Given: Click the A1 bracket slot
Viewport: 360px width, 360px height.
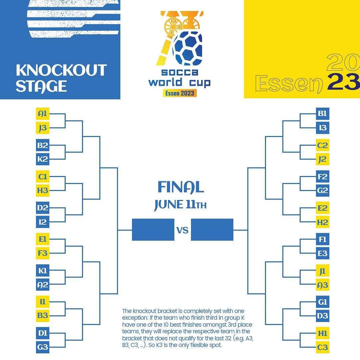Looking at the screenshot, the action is coord(43,114).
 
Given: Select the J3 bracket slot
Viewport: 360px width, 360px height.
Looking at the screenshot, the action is coord(43,128).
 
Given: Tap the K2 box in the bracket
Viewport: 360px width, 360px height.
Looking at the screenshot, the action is coord(43,159).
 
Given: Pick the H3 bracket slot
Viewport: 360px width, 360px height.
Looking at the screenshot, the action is coord(43,190).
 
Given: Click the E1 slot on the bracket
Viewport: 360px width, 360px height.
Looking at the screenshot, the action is coord(43,239).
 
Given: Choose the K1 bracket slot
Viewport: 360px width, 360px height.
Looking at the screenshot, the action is coord(43,271).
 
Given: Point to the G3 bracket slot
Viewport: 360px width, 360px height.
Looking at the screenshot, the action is coord(43,347).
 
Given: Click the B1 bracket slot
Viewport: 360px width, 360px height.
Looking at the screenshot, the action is coord(323,114).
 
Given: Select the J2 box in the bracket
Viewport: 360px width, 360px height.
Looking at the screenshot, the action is coord(323,159).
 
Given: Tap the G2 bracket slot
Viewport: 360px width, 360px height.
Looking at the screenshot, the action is coord(323,190).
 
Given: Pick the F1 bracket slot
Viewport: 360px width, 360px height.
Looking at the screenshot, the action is coord(323,239).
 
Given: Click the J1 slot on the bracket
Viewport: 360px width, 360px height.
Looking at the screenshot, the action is coord(323,271).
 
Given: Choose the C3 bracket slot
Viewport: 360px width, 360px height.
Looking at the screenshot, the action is coord(323,347).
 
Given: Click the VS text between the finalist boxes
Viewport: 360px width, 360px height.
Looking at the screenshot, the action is coord(183,230).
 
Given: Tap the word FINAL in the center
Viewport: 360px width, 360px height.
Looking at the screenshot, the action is coord(181,187).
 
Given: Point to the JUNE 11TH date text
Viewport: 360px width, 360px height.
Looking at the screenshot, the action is coord(180,205).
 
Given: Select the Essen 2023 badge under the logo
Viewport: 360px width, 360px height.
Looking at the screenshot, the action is coord(180,93).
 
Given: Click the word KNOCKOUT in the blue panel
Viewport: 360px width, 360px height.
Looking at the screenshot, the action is coord(61,70).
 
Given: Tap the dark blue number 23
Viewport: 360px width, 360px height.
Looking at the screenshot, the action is coord(344,82).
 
